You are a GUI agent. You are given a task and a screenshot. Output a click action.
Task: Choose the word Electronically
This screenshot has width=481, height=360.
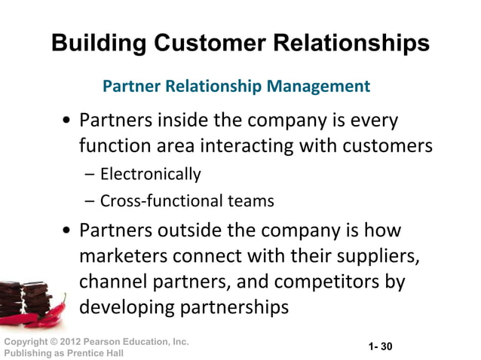click(x=150, y=175)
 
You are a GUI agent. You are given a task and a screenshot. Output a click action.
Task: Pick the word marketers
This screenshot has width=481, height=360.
click(x=124, y=256)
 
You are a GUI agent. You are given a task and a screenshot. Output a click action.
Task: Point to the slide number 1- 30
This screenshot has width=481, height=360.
click(x=381, y=346)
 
